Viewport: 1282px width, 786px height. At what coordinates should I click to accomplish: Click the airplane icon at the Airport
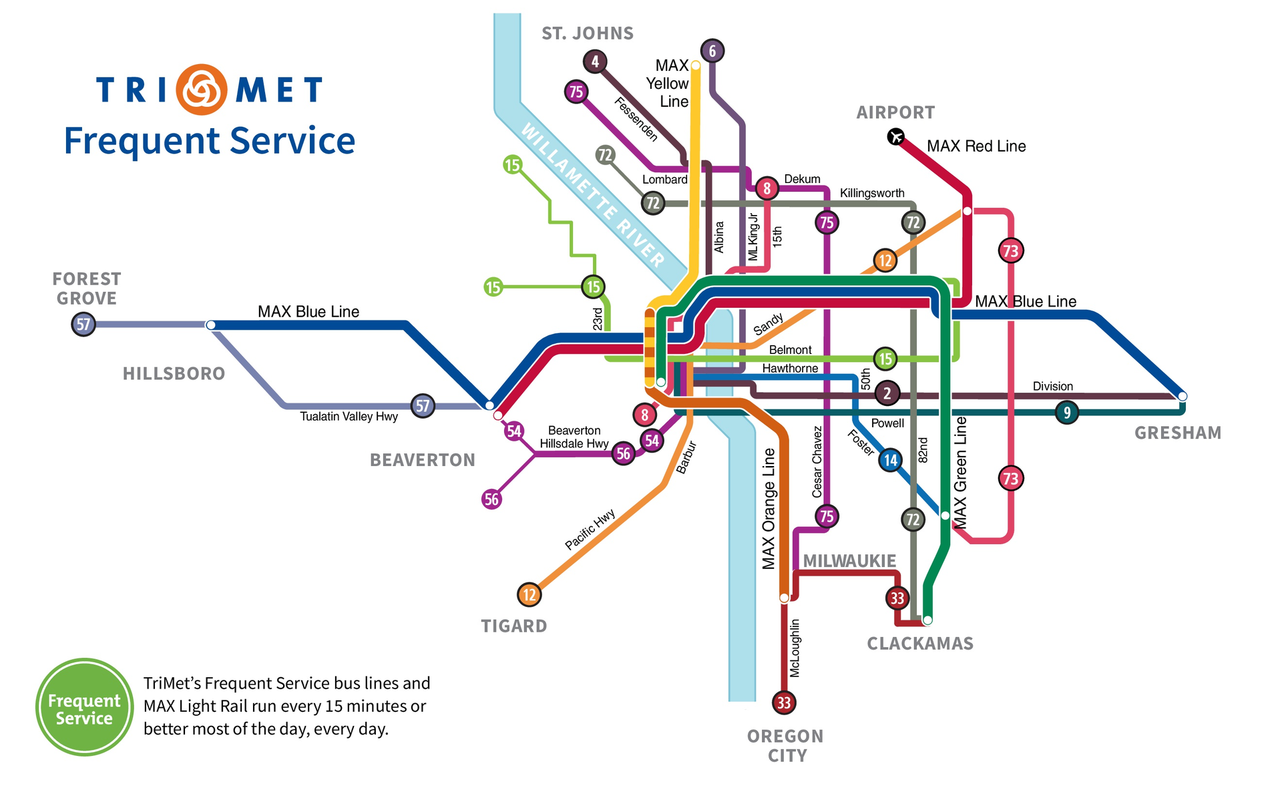point(895,137)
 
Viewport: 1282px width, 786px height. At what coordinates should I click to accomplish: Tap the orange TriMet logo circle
point(202,89)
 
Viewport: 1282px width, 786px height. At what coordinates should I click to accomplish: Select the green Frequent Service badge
point(84,708)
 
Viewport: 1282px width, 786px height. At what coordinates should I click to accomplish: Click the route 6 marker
point(712,51)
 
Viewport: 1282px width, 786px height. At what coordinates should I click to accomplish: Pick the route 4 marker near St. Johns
point(595,62)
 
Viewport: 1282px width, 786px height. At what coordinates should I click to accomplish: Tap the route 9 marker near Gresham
point(1067,412)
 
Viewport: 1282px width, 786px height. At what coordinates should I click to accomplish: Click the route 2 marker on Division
point(887,393)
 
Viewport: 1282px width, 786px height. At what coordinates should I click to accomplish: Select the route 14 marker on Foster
point(891,460)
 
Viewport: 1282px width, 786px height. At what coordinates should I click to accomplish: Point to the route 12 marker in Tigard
point(529,594)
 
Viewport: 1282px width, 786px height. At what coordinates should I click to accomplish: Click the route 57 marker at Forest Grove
point(83,325)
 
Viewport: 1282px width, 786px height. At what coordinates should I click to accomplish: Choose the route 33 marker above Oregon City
point(784,703)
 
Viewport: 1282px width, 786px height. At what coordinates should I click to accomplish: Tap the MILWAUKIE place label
point(849,561)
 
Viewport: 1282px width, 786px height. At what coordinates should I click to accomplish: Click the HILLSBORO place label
point(174,373)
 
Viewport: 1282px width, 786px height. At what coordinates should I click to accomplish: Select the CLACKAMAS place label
point(920,644)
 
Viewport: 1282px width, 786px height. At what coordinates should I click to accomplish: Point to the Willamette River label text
point(593,195)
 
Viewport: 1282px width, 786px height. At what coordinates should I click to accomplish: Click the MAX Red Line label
point(976,146)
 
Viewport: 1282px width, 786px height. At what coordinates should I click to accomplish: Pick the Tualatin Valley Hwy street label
point(349,417)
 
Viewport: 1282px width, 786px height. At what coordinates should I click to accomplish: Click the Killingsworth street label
point(872,193)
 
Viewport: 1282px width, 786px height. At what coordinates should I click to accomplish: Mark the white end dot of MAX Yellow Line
point(696,65)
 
